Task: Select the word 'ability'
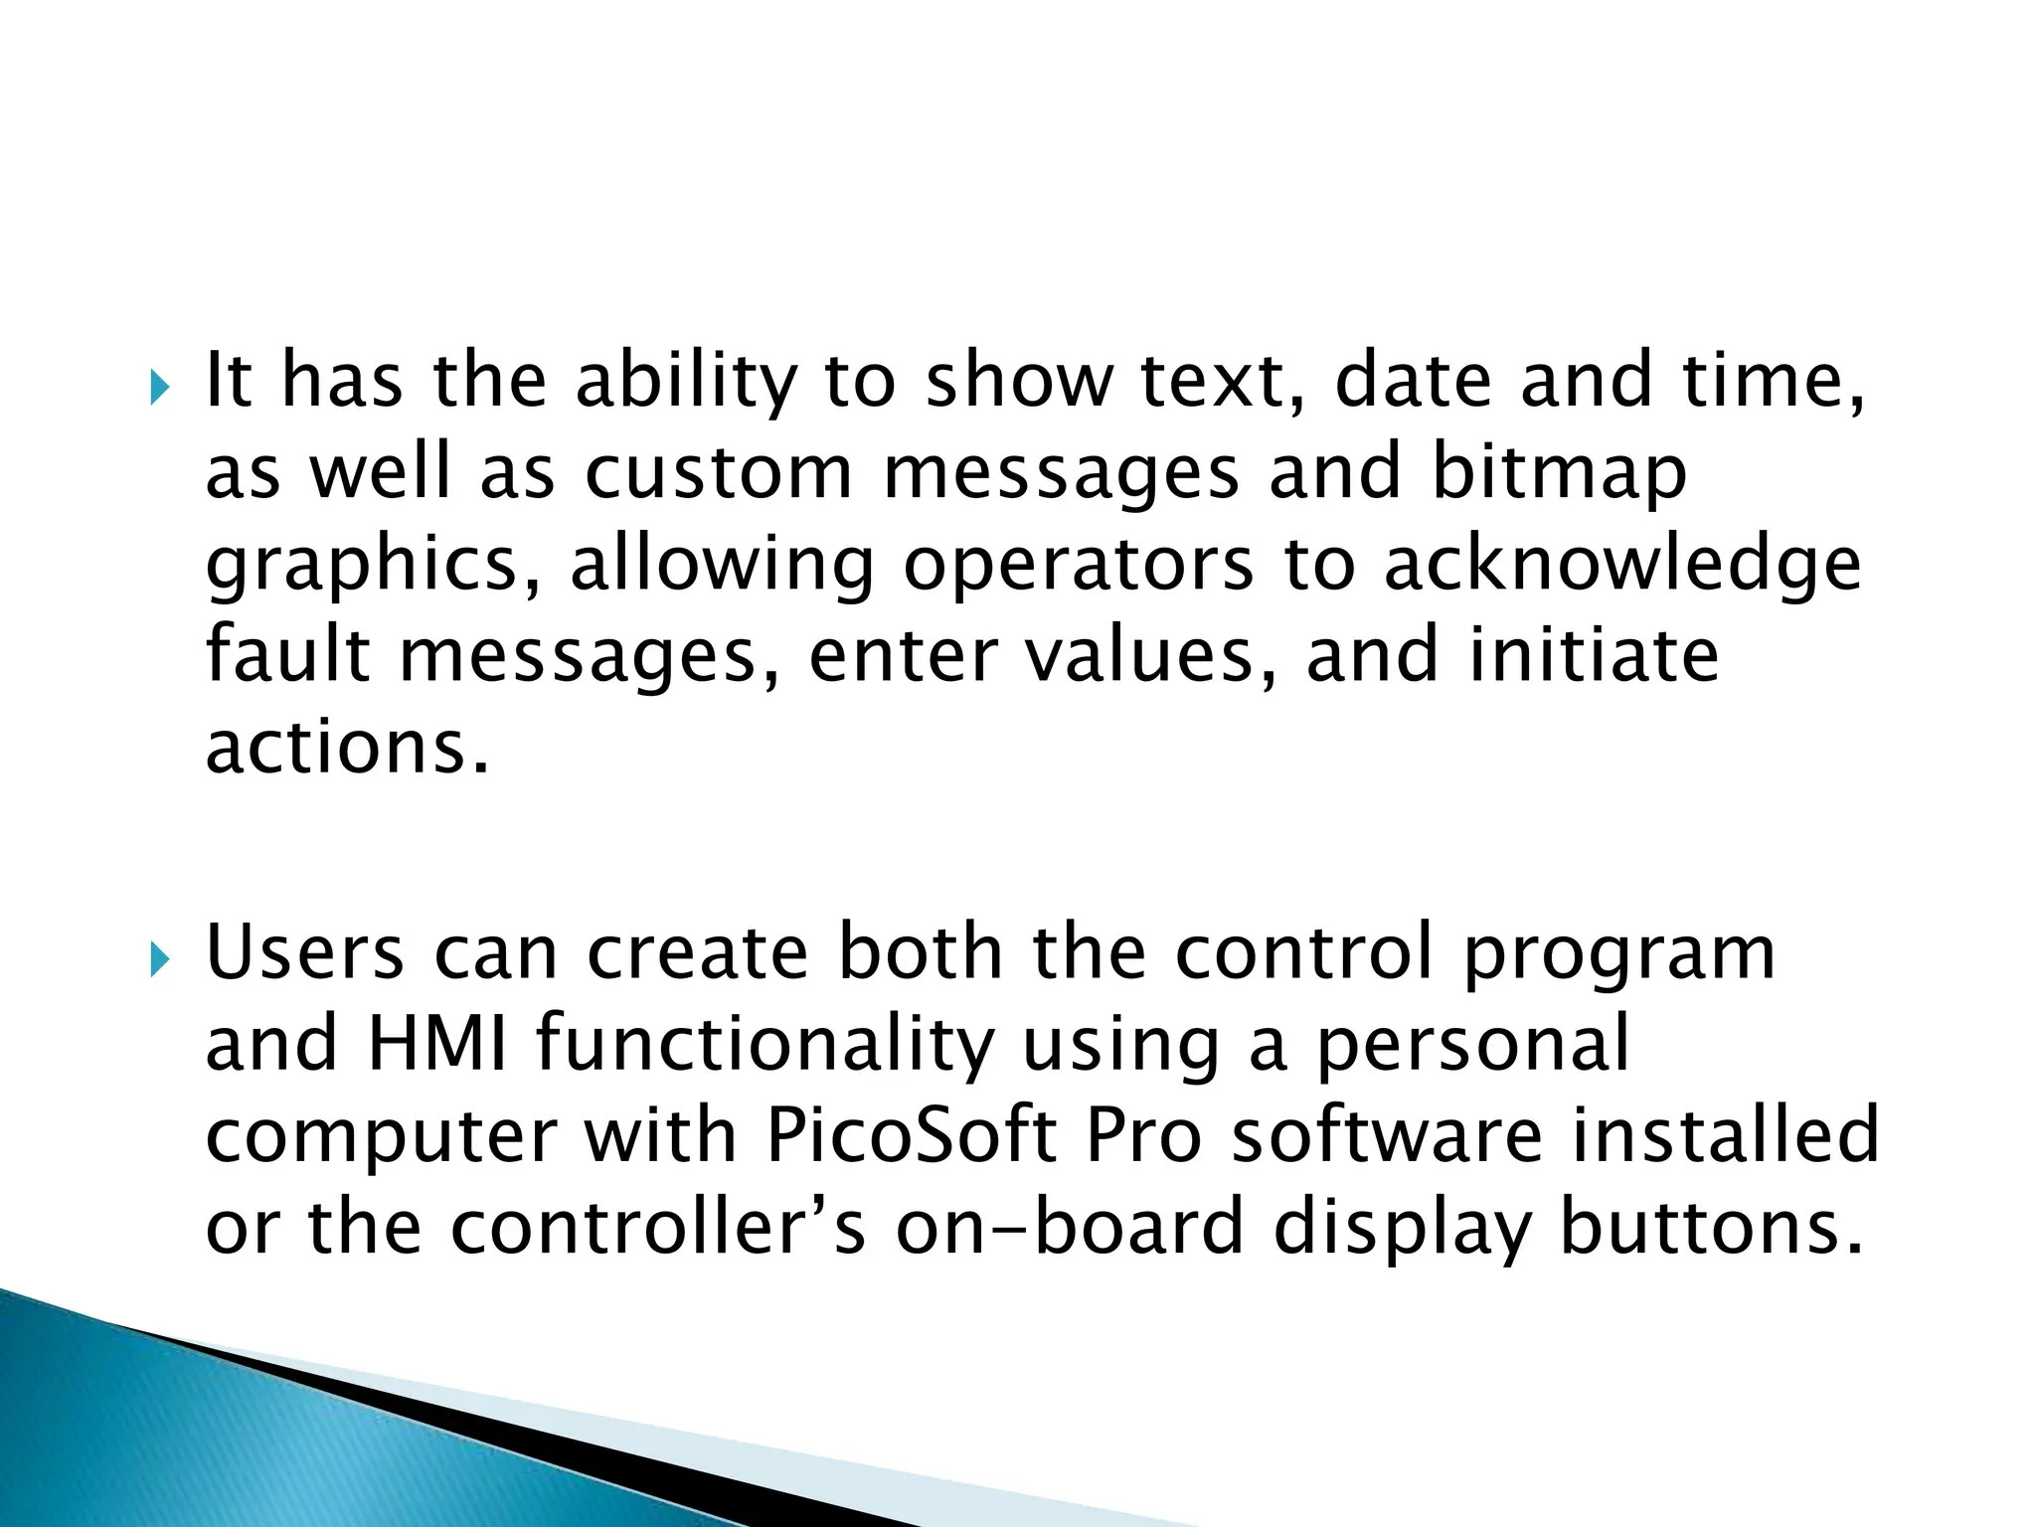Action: [686, 382]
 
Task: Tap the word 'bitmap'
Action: [1558, 473]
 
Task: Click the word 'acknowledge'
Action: [1621, 565]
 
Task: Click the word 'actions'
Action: [348, 748]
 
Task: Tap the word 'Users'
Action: [304, 952]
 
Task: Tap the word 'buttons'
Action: [1710, 1227]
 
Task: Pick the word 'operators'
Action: [1078, 567]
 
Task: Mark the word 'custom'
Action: [718, 473]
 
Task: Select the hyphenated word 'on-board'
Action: [1070, 1227]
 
